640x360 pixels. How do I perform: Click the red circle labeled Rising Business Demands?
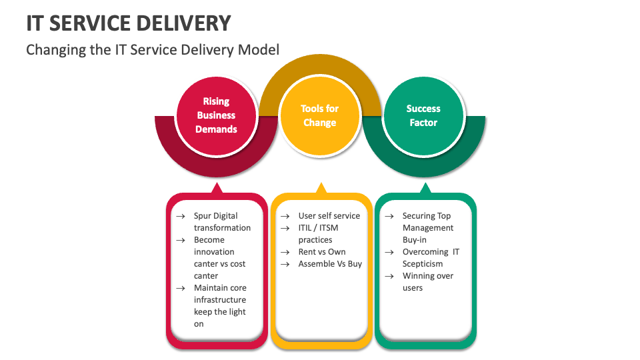point(216,115)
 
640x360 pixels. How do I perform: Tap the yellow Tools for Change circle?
point(319,115)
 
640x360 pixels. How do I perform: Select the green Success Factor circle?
point(423,115)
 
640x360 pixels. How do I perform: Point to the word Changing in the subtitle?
point(54,49)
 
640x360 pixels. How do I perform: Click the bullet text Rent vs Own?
point(322,252)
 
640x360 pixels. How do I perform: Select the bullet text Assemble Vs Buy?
point(330,264)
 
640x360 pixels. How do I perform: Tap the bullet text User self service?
point(329,216)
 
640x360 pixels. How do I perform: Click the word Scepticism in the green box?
point(423,264)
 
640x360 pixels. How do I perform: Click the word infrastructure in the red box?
point(220,300)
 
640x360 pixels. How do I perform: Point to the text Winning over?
point(428,276)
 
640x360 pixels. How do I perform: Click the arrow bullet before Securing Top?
point(389,216)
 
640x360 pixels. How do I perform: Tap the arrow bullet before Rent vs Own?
point(285,252)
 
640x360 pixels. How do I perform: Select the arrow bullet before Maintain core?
point(180,288)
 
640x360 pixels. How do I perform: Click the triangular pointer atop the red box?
point(216,189)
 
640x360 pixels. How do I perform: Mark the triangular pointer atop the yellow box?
point(321,189)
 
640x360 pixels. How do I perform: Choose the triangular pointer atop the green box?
point(425,189)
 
